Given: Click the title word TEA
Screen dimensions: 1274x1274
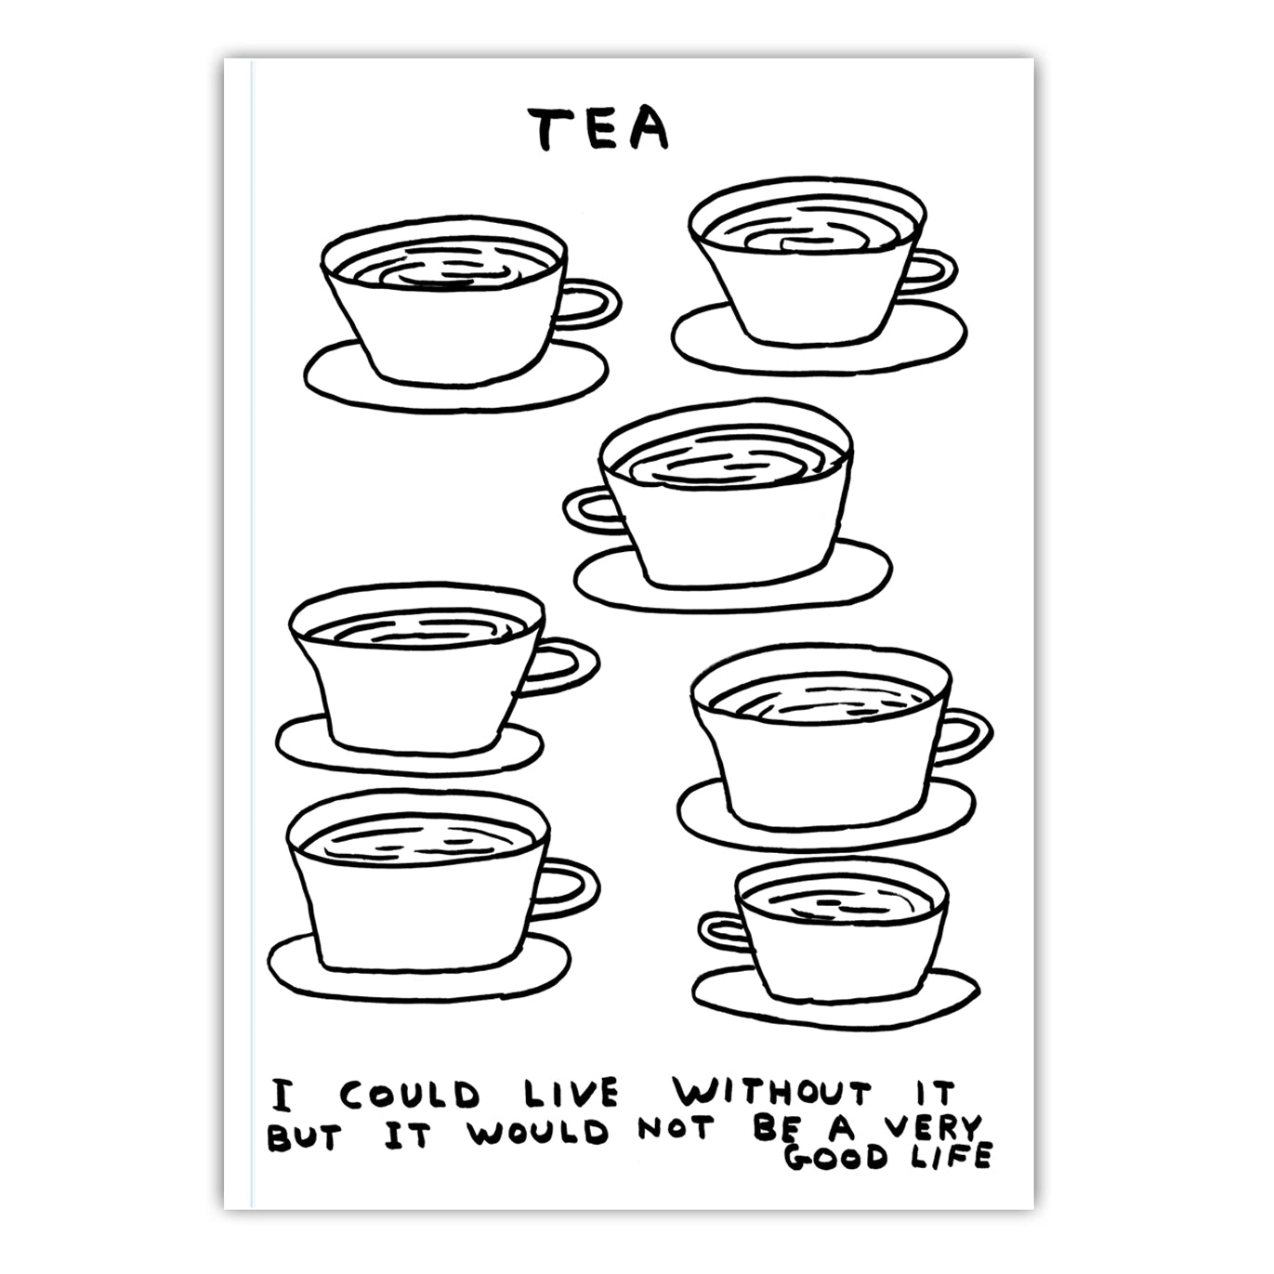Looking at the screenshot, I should [x=598, y=129].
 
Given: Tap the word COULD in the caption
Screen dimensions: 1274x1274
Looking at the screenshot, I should [x=409, y=1095].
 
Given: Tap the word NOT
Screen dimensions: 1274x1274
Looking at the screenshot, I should [x=677, y=1128].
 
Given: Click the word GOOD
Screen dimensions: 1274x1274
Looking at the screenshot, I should [x=835, y=1157].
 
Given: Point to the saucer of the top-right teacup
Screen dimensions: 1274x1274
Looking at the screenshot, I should [x=818, y=350].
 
